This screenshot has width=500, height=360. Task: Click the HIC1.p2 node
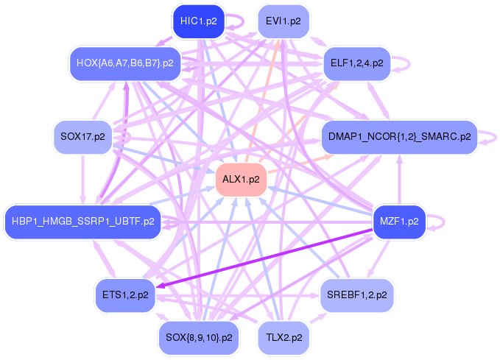pos(198,21)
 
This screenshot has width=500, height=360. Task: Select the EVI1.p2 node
pos(284,21)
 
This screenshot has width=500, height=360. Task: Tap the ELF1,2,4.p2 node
pos(357,63)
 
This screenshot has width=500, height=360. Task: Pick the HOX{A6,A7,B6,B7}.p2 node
pos(125,63)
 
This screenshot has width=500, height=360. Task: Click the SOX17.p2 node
pos(83,137)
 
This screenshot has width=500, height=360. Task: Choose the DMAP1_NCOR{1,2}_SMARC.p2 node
pos(399,137)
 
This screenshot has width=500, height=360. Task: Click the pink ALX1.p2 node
pos(241,180)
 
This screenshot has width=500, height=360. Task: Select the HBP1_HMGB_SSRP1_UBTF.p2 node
pos(83,222)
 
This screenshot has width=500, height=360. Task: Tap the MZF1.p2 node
pos(399,222)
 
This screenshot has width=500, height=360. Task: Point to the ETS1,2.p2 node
pos(125,295)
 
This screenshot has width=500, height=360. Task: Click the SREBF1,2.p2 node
pos(357,295)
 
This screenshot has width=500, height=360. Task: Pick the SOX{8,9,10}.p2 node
pos(199,338)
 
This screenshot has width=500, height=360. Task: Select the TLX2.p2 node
pos(284,338)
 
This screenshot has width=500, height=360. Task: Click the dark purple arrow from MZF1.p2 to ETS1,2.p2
pos(264,258)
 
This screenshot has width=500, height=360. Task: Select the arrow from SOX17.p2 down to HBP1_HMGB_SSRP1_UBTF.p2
pos(83,180)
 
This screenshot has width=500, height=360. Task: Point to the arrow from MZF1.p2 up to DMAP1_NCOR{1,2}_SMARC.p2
pos(399,180)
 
